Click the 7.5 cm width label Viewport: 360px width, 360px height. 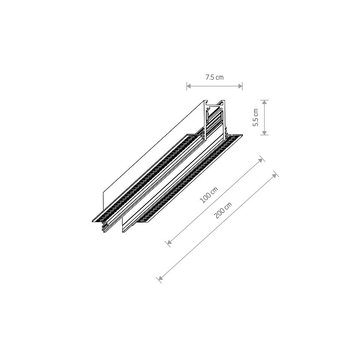214,77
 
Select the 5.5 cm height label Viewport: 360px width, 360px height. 256,117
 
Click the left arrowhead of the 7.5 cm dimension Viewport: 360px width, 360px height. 189,86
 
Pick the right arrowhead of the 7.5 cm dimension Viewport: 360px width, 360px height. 240,86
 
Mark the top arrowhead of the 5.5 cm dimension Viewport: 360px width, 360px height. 265,102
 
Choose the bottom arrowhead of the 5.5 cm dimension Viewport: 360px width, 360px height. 265,132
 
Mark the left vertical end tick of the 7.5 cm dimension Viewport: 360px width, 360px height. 187,86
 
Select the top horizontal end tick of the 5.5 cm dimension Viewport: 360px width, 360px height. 265,100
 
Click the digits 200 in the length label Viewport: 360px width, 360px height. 219,215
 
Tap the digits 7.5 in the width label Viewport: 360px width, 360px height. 210,77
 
